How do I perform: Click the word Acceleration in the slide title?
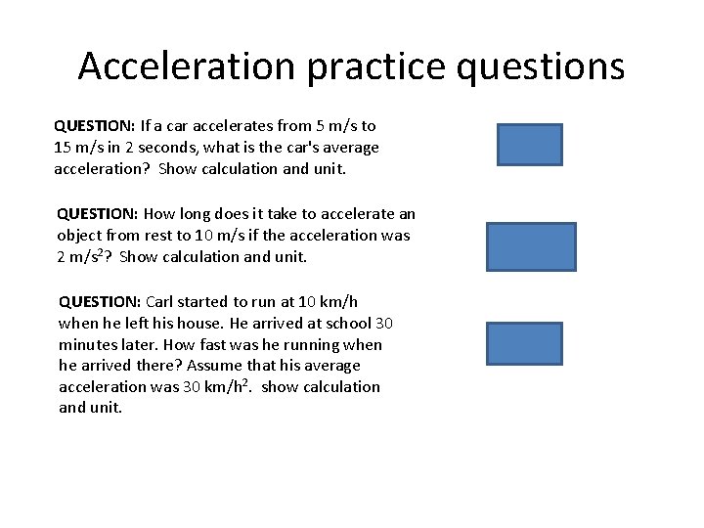tap(186, 66)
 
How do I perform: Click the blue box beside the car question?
tap(529, 145)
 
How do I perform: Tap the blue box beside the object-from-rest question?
tap(531, 245)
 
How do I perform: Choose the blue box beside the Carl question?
tap(525, 343)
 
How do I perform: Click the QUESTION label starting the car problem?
tap(95, 126)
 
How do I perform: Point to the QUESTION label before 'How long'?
tap(98, 214)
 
